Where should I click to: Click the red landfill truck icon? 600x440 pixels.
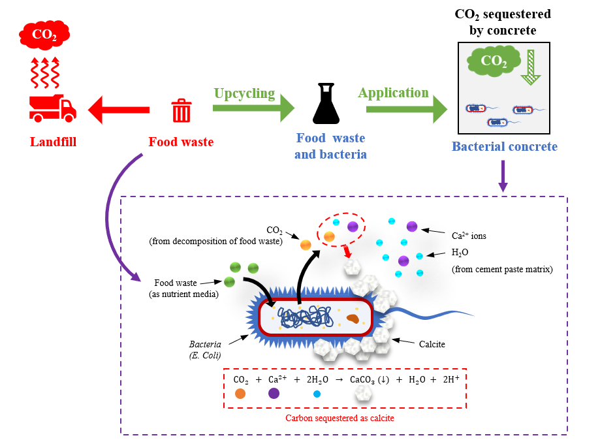[52, 108]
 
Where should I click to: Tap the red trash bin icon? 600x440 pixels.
[181, 111]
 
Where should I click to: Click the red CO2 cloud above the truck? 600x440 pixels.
[44, 35]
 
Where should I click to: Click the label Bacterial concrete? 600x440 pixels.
[505, 146]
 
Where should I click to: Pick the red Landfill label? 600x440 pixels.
[53, 141]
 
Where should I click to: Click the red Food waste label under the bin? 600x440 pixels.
[181, 142]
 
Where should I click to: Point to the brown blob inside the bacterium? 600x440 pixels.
[353, 319]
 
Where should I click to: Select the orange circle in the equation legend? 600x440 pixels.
[240, 394]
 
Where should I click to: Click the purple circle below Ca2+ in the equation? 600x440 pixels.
[274, 394]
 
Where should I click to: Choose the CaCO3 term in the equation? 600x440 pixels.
[365, 379]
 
